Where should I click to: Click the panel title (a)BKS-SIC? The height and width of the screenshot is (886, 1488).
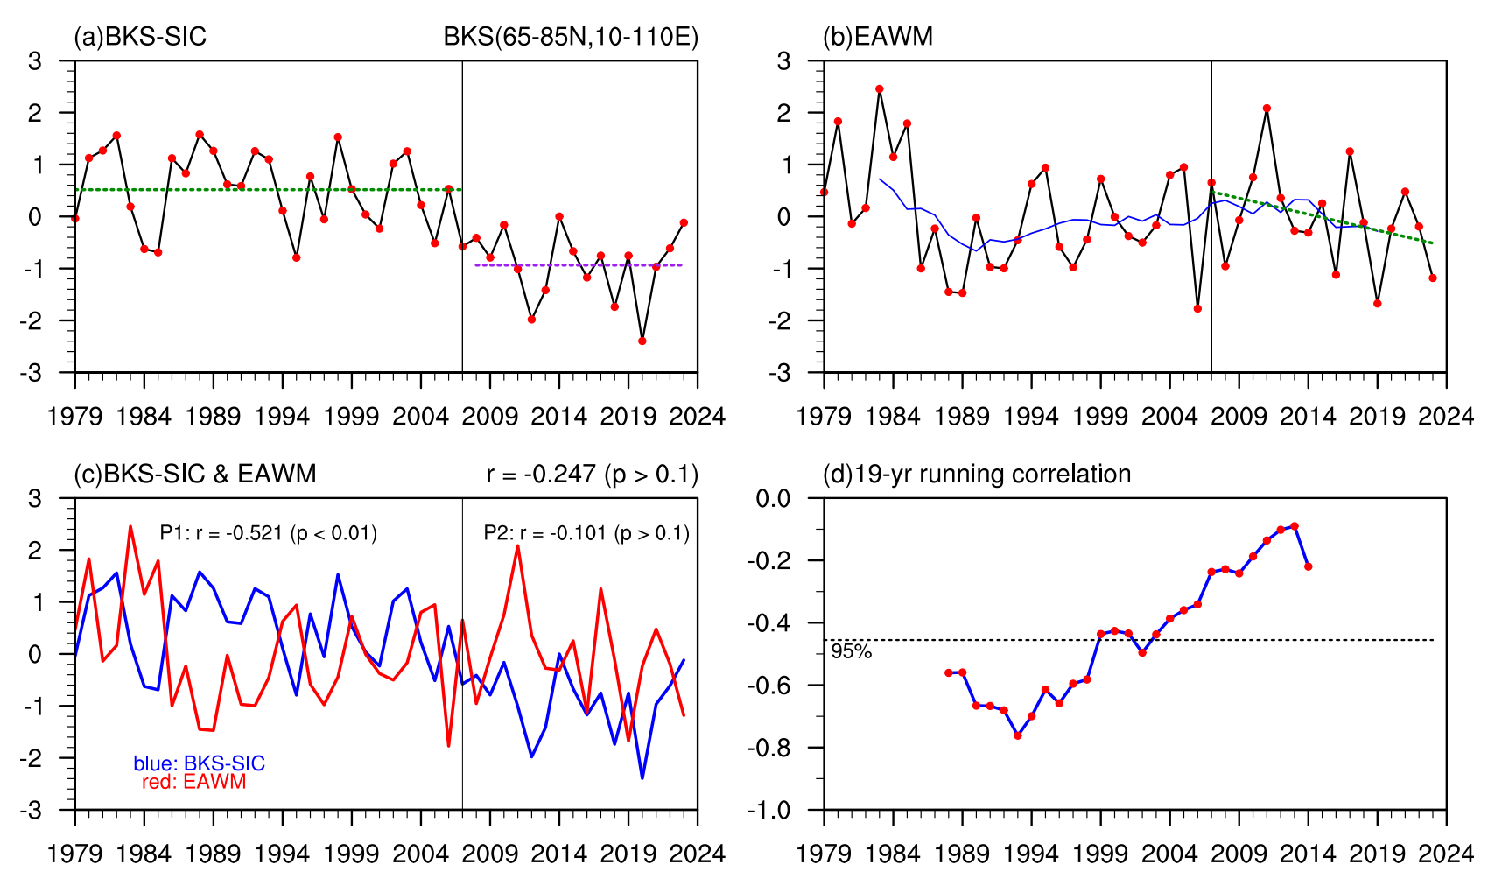click(x=140, y=37)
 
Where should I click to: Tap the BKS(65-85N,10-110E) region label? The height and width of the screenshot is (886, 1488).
click(x=571, y=37)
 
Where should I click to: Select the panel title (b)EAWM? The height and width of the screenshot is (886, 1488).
click(x=878, y=37)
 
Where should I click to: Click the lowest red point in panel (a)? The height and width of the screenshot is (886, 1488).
click(x=642, y=341)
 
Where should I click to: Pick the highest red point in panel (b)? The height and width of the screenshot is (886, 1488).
click(x=880, y=88)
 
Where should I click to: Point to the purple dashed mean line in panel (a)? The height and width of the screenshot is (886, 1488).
click(x=578, y=264)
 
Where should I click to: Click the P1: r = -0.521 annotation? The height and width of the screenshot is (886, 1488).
click(x=268, y=533)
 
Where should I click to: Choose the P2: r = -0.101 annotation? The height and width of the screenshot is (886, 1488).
click(x=586, y=533)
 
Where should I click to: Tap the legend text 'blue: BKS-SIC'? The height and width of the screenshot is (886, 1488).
click(x=199, y=763)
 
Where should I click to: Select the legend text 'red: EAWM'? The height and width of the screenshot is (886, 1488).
click(x=193, y=782)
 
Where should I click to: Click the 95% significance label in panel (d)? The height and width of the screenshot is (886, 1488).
click(x=851, y=651)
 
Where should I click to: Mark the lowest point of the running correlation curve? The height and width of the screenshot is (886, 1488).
click(x=1018, y=735)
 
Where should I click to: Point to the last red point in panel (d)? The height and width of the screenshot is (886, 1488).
click(x=1309, y=566)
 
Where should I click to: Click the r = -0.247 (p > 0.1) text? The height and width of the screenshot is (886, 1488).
click(x=593, y=475)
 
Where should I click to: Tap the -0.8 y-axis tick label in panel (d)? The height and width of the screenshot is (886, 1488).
click(x=768, y=748)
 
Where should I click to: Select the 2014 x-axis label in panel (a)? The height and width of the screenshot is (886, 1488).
click(x=559, y=416)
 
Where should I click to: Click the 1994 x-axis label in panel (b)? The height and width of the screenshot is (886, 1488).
click(x=1031, y=416)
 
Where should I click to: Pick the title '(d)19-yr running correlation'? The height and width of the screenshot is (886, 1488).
click(x=977, y=475)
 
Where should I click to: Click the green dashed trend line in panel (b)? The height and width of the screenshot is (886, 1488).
click(x=1322, y=217)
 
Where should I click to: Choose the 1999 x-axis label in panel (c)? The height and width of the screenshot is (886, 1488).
click(x=352, y=853)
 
